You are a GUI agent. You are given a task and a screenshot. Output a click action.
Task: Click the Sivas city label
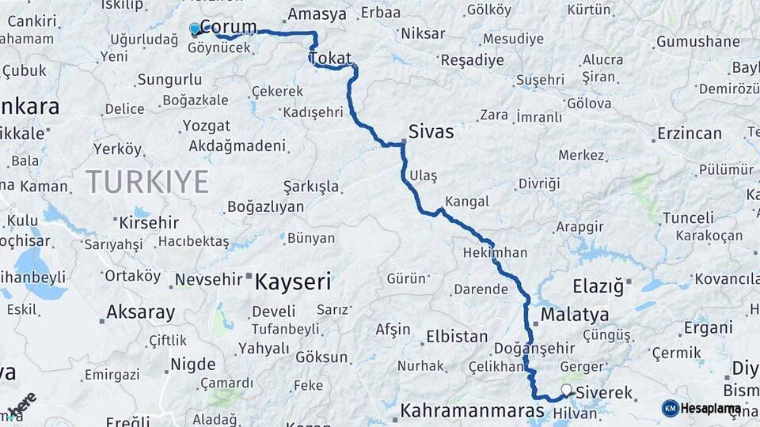431,131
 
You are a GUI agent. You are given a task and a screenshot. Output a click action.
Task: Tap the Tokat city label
331,59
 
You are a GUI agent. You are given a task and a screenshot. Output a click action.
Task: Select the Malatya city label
575,315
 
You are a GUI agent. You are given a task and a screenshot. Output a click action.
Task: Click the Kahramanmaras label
472,411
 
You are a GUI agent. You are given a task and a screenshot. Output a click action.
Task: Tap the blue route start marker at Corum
195,29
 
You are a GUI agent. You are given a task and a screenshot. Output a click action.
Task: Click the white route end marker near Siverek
567,389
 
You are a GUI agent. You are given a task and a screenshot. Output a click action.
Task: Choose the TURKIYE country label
147,182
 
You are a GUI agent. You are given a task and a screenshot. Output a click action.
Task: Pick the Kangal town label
467,201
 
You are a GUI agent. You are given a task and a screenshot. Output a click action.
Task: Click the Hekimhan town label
496,252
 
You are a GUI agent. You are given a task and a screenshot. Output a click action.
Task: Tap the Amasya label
317,14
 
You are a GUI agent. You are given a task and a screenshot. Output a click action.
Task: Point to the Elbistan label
457,336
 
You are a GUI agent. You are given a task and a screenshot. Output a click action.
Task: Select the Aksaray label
141,312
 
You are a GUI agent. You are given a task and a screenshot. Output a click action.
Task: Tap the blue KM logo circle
670,408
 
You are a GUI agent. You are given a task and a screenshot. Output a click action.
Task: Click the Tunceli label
688,217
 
